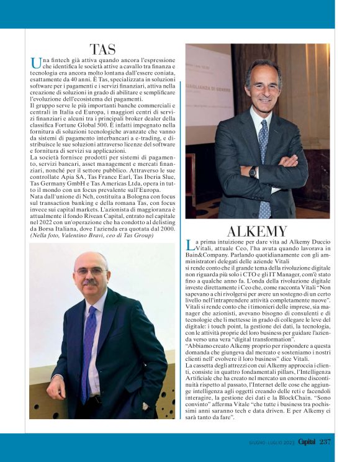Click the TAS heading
tap(102, 49)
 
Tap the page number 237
tap(326, 442)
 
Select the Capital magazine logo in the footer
tap(304, 442)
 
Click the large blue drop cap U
tap(35, 63)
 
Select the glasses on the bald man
tap(91, 271)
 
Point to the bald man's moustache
tap(91, 283)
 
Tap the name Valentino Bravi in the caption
tap(83, 236)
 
